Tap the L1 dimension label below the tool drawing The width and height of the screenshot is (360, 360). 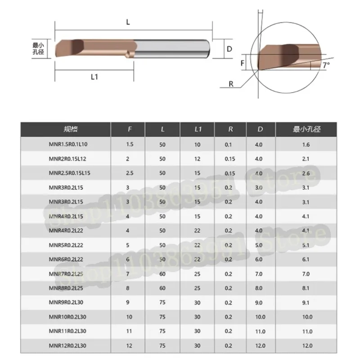coord(94,77)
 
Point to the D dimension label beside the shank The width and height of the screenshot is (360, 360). coord(229,49)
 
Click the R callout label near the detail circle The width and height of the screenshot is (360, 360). coord(231,84)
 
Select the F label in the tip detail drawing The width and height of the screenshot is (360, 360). coord(243,63)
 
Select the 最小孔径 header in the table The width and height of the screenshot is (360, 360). coord(306,130)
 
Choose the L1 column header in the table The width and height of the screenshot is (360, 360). coord(197,130)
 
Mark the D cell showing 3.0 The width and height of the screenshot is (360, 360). coord(258,187)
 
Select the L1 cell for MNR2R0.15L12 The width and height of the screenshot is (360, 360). coord(197,158)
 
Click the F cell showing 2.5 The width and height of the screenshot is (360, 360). coord(130,173)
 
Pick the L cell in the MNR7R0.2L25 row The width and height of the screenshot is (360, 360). coord(163,274)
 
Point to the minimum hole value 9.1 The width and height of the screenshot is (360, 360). coord(306,302)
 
